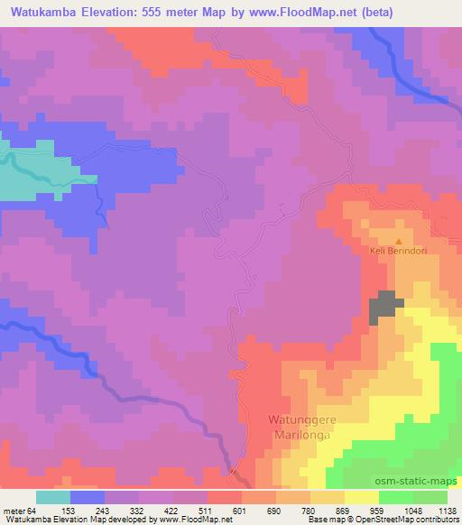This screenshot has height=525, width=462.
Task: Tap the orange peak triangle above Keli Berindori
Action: pos(399,241)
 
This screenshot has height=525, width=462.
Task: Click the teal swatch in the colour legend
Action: pos(52,497)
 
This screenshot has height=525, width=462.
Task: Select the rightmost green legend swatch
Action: pos(430,497)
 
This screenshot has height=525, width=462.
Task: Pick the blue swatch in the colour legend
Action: pos(87,497)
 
